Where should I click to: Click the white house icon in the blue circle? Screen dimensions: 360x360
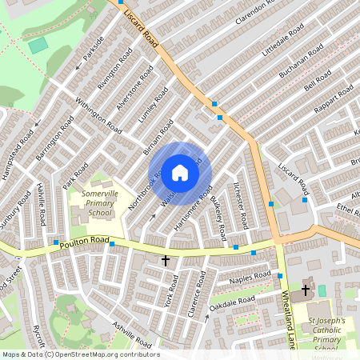click(x=180, y=173)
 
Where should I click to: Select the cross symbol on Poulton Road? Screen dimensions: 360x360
click(x=166, y=260)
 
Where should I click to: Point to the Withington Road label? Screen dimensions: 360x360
click(x=98, y=117)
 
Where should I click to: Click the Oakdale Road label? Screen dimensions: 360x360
click(x=232, y=302)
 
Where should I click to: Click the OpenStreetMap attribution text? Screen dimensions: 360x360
click(x=80, y=354)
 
